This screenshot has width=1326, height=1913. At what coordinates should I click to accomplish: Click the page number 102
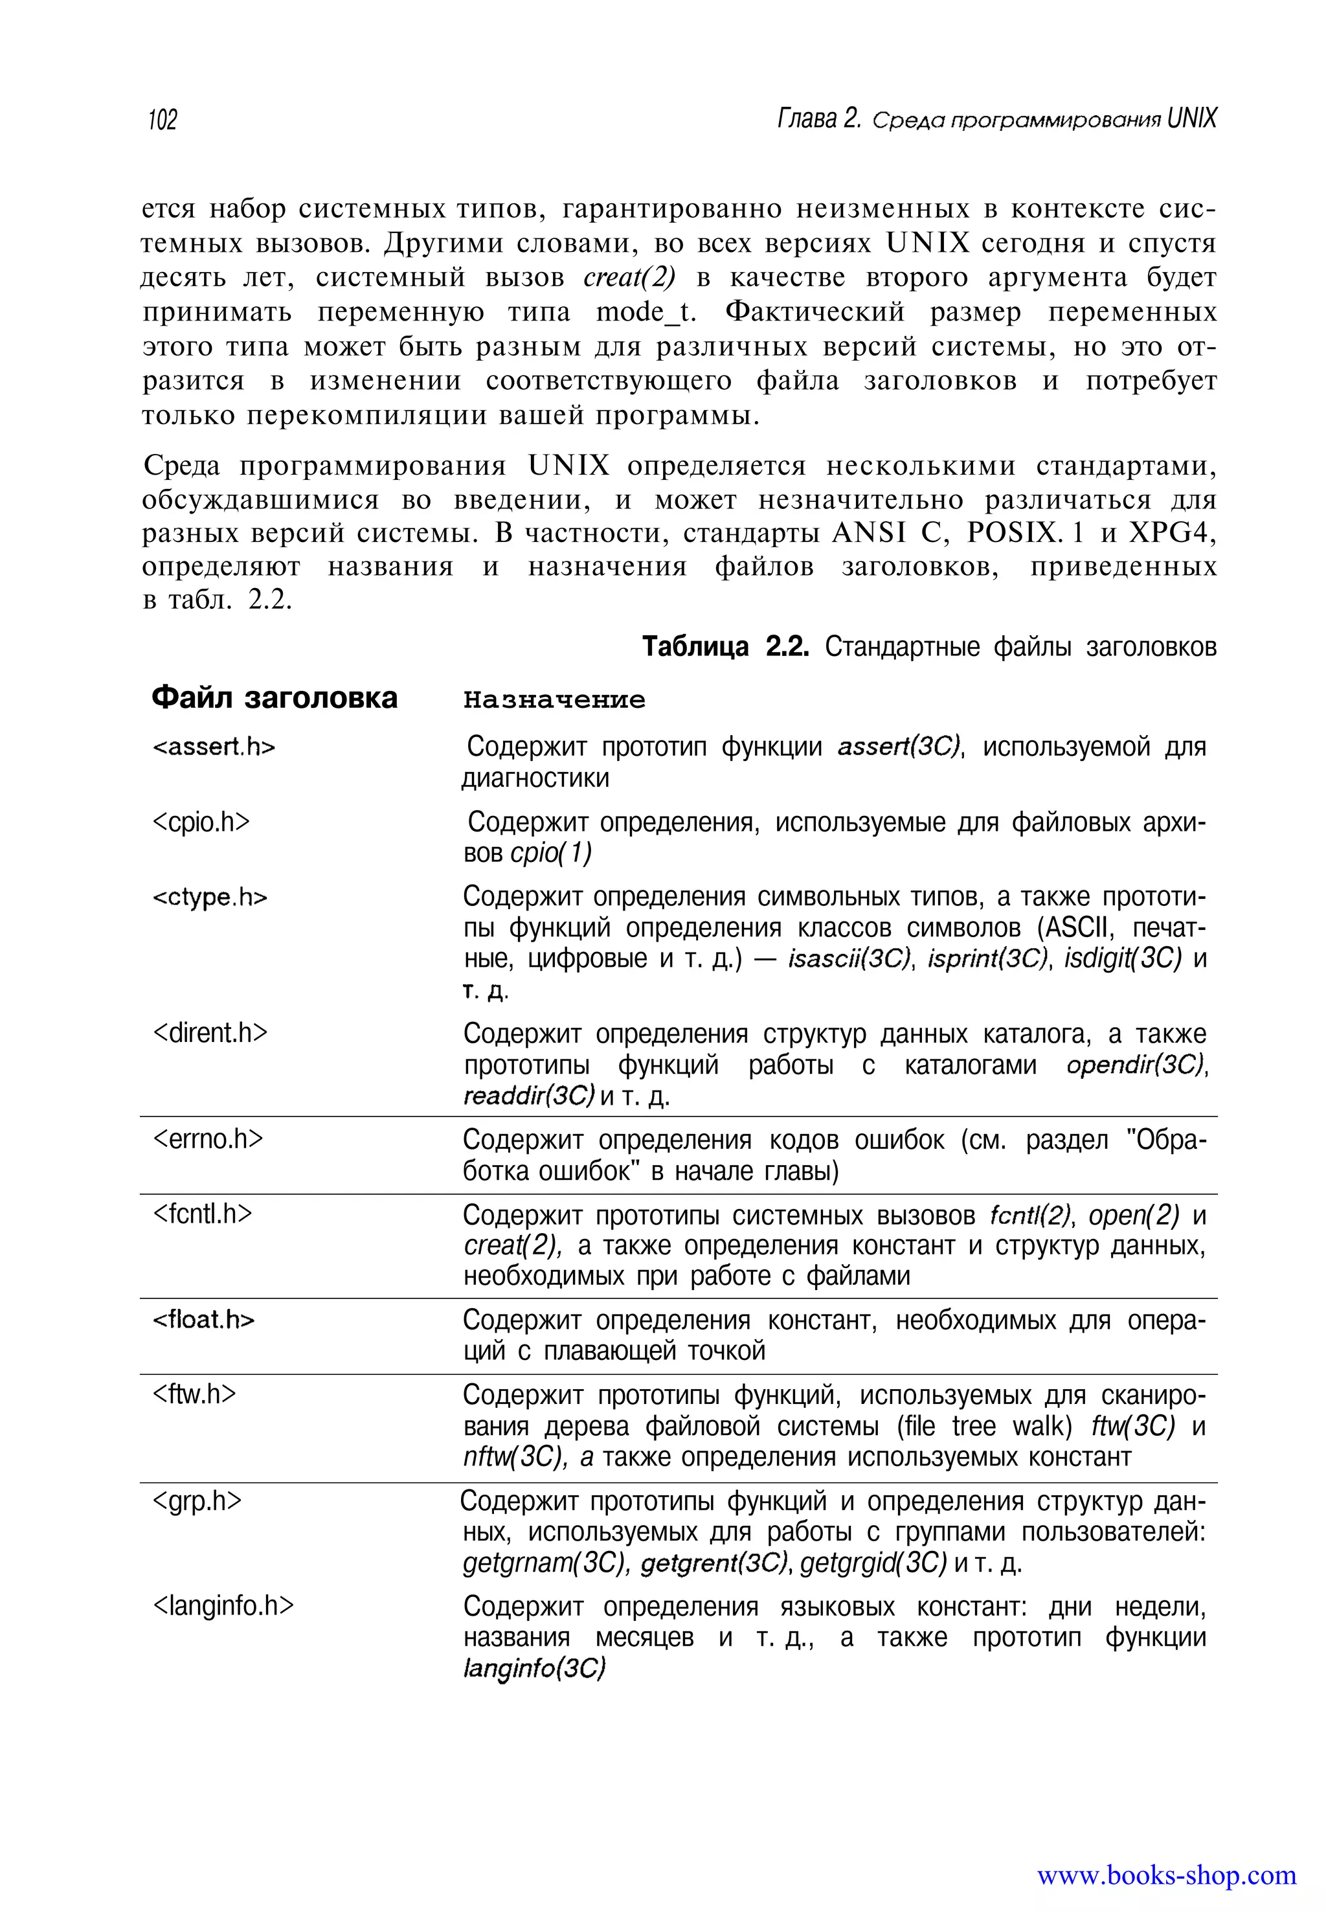coord(162,120)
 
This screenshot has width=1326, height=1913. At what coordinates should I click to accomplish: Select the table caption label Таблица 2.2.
coord(725,646)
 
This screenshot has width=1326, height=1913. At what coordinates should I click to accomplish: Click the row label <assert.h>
coord(214,747)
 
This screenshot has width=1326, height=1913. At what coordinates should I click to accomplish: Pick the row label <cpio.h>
coord(201,821)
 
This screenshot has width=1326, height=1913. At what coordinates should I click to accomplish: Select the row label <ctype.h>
coord(210,898)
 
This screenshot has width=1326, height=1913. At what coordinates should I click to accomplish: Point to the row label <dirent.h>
coord(210,1032)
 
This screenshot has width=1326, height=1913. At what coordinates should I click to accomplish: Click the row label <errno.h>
coord(208,1138)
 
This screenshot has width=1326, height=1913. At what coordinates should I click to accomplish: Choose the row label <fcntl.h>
coord(202,1214)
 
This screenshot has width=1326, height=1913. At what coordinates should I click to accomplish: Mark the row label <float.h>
coord(203,1320)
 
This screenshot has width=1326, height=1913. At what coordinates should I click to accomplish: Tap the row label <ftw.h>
coord(194,1394)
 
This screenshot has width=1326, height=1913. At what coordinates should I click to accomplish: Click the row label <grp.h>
coord(197,1501)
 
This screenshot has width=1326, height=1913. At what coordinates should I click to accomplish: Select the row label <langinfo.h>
coord(223,1605)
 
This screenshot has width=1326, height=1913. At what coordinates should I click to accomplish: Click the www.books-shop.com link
coord(1165,1875)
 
